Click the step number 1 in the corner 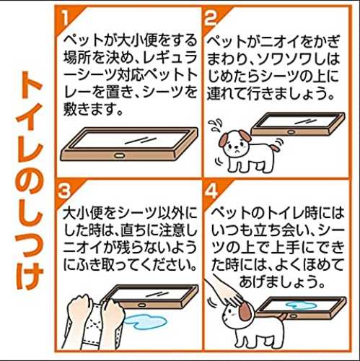coord(64,17)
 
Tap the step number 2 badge coord(210,18)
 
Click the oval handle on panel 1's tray coord(119,156)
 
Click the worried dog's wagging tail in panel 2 coord(275,146)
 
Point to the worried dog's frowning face coord(236,147)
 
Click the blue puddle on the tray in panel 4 coord(301,306)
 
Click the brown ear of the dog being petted coord(245,312)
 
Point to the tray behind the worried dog coord(298,124)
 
